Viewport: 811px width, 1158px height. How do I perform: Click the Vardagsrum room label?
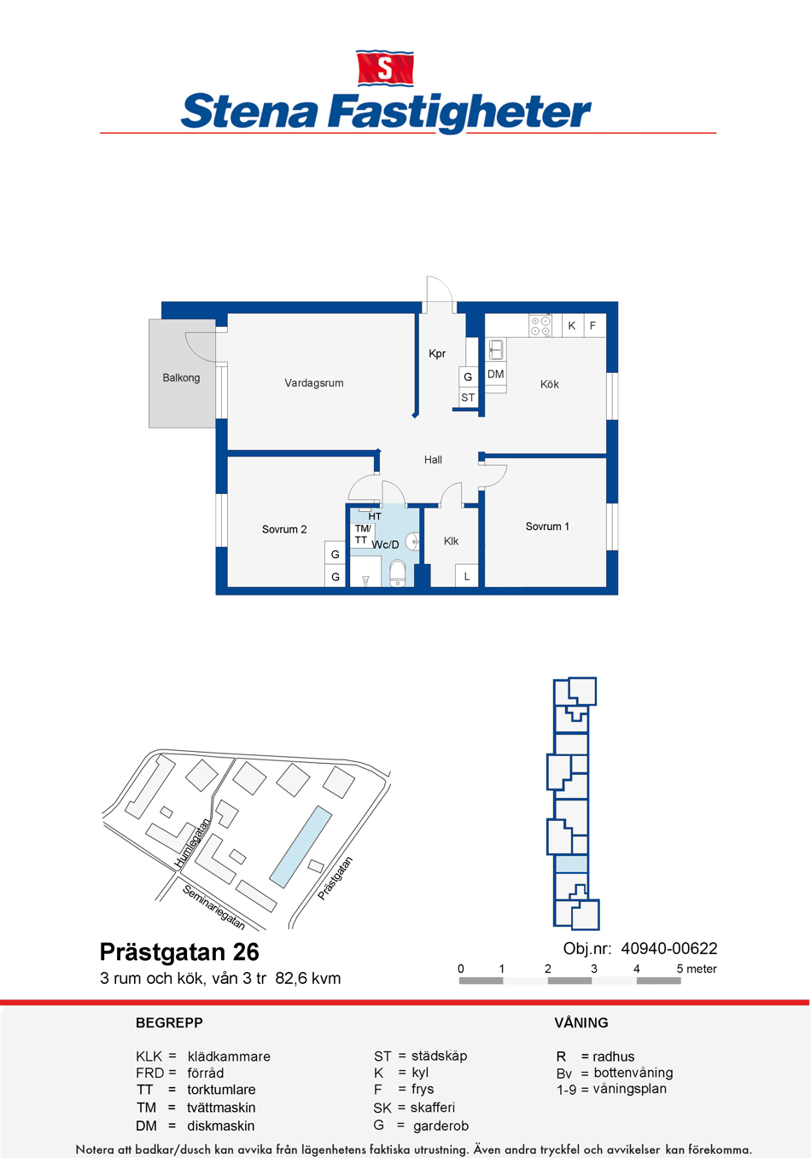click(x=313, y=383)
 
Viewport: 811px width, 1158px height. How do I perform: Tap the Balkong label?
click(x=181, y=378)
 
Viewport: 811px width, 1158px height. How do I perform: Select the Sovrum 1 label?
click(x=547, y=527)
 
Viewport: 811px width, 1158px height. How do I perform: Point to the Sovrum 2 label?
click(x=284, y=529)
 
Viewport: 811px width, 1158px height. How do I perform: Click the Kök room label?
click(x=549, y=384)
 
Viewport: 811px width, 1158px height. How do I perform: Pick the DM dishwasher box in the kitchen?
click(x=495, y=374)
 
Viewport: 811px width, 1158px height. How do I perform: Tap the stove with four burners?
click(x=540, y=326)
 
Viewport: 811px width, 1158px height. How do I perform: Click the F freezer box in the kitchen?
click(x=594, y=326)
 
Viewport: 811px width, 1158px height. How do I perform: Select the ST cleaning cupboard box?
click(x=468, y=398)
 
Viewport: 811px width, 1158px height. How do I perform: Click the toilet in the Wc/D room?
click(x=398, y=573)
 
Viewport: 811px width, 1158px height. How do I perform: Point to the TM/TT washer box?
click(x=363, y=534)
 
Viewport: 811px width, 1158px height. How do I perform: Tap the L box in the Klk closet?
click(x=466, y=576)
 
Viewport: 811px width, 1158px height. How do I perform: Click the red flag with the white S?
click(x=385, y=67)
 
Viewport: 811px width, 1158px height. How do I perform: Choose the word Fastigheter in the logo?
click(x=460, y=113)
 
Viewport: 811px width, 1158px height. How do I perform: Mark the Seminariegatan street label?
click(x=213, y=907)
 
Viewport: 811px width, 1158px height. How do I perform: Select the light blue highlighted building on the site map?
click(x=300, y=847)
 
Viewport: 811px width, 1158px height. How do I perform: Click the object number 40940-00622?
click(x=668, y=949)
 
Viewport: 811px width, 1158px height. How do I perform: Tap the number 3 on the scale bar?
click(x=594, y=969)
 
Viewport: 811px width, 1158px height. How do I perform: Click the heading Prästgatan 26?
click(x=179, y=952)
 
